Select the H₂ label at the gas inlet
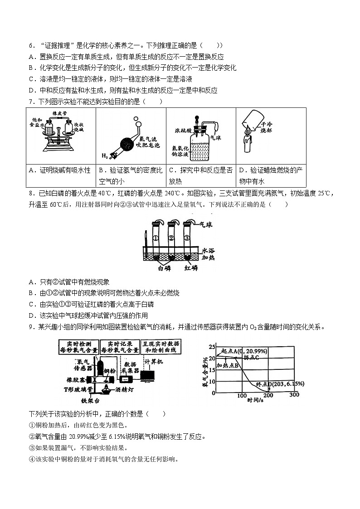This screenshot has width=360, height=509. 104,155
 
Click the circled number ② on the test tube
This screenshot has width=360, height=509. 171,238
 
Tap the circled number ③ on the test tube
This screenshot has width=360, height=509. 186,238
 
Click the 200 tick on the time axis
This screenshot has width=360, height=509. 268,395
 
